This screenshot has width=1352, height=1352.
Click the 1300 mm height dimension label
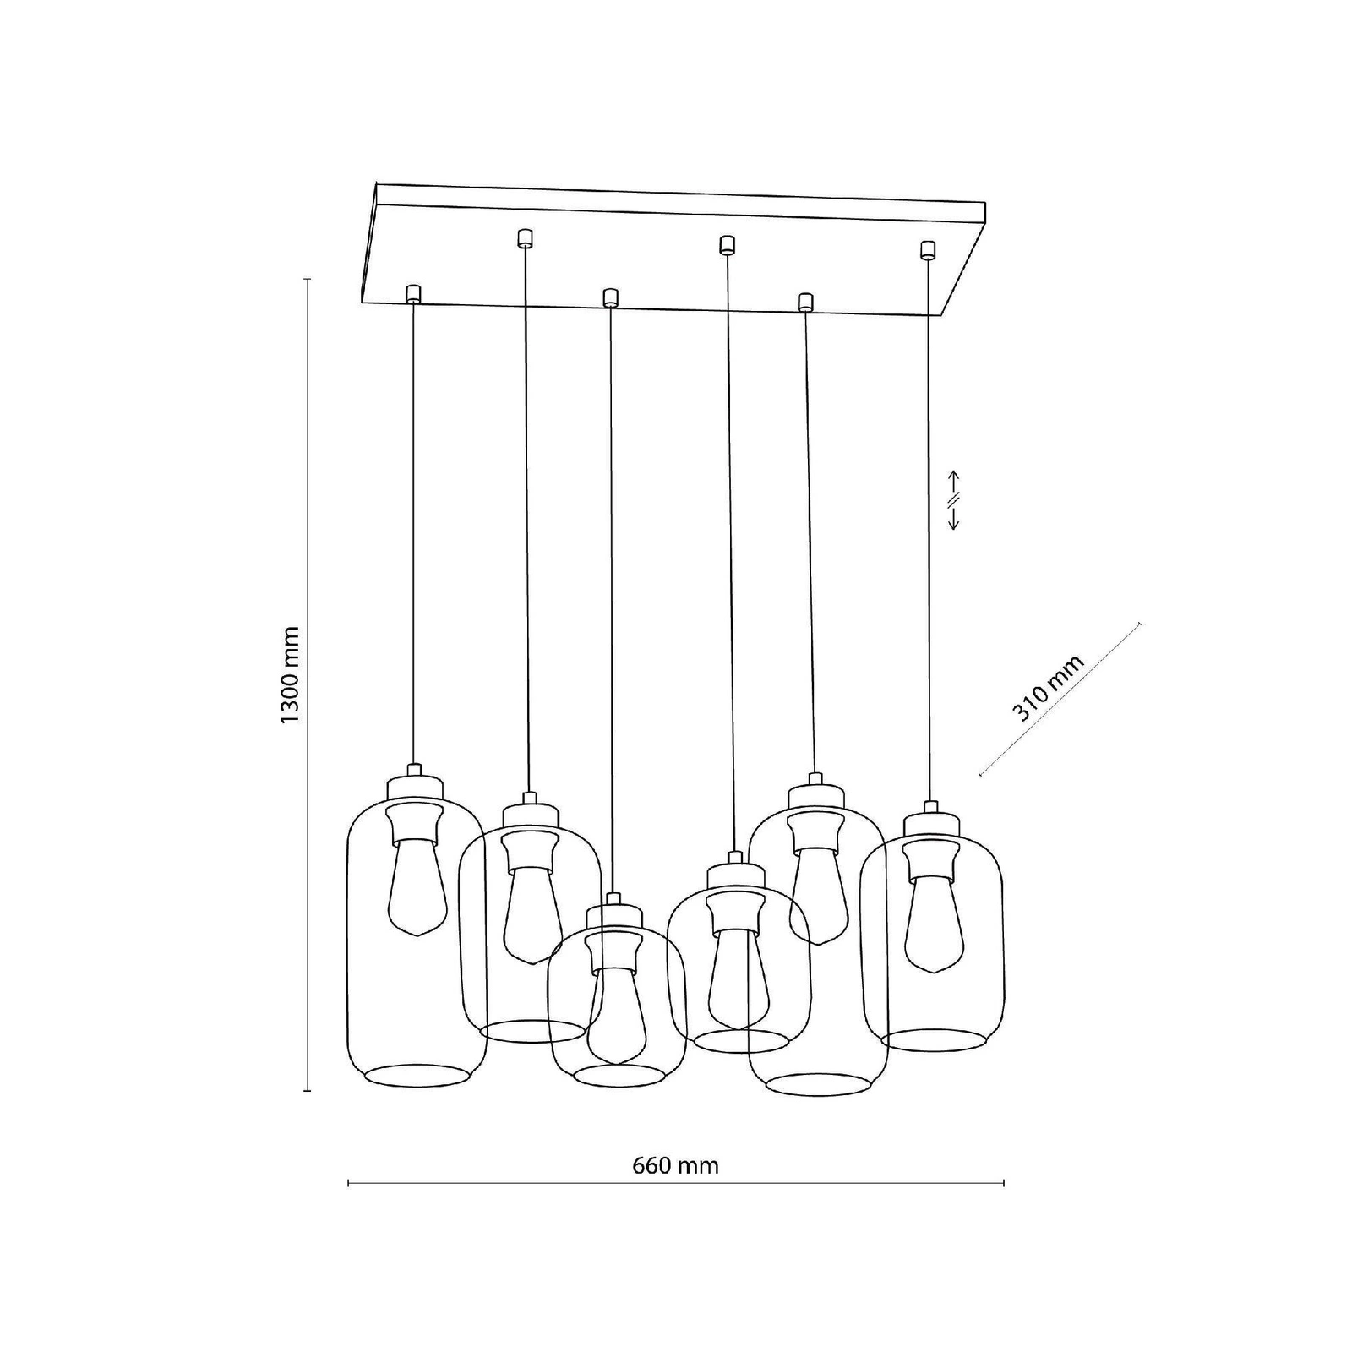tap(289, 674)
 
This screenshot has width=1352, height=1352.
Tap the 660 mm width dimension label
tap(675, 1166)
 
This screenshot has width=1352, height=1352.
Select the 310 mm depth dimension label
tap(1048, 688)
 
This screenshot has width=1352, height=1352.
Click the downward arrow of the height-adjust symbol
tap(953, 517)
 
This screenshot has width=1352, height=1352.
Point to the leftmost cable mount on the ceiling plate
tap(413, 294)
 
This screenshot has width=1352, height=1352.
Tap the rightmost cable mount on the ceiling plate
tap(929, 249)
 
